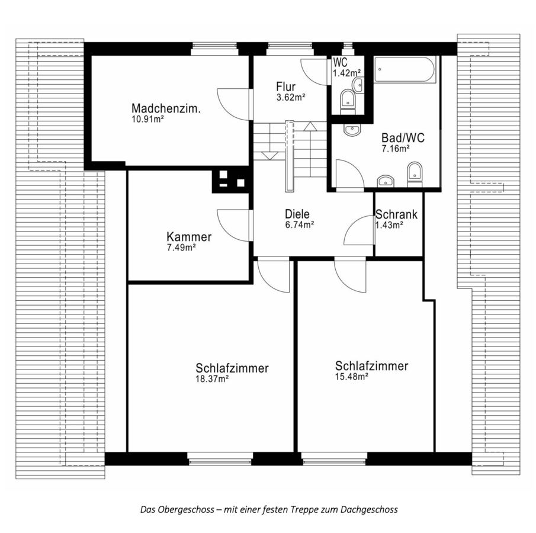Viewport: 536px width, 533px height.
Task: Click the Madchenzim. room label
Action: (x=166, y=108)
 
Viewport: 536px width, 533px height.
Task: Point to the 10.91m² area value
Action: (x=147, y=119)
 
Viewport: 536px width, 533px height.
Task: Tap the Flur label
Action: (x=286, y=86)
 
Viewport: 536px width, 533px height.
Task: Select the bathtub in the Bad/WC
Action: (x=405, y=69)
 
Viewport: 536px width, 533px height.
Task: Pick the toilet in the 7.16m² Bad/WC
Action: (x=415, y=174)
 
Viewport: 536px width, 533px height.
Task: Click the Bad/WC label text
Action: (x=403, y=138)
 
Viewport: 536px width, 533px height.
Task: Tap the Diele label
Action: (x=297, y=214)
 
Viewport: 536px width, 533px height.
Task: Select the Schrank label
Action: (x=397, y=214)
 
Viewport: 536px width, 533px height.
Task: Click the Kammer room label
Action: (x=189, y=236)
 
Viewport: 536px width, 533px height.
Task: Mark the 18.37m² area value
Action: (x=212, y=379)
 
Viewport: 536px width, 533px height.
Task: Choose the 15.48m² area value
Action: (x=351, y=377)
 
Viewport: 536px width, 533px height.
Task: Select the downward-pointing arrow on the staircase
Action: (x=269, y=156)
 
